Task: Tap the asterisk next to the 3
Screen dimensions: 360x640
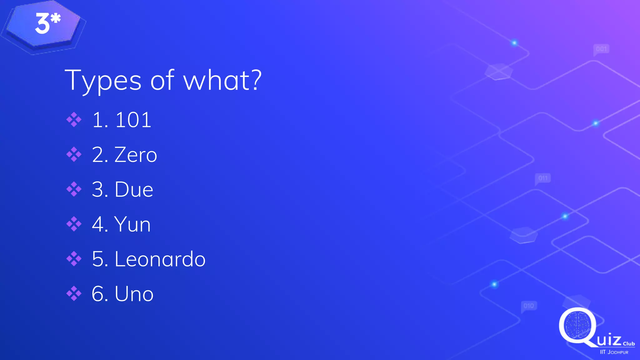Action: pos(56,18)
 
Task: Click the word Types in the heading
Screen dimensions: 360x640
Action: pos(103,81)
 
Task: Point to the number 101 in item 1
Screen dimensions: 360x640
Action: pos(133,120)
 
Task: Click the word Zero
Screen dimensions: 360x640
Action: pos(136,155)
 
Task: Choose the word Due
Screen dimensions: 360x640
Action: pos(134,189)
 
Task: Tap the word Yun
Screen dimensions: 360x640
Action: pos(132,224)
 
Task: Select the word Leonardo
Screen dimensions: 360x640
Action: pos(160,259)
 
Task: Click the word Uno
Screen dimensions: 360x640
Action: pos(134,294)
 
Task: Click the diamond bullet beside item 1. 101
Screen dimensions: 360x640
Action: pos(74,120)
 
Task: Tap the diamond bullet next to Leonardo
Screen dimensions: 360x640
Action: pos(74,259)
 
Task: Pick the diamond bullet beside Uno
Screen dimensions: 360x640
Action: pos(74,293)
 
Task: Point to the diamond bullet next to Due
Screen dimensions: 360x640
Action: pos(74,189)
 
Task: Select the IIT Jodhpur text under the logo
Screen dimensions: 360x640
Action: pos(614,352)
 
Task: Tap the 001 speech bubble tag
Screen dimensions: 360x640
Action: pos(601,49)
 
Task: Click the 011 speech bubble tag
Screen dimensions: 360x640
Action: pos(543,178)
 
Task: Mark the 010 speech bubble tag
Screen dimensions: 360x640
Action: pos(529,306)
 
